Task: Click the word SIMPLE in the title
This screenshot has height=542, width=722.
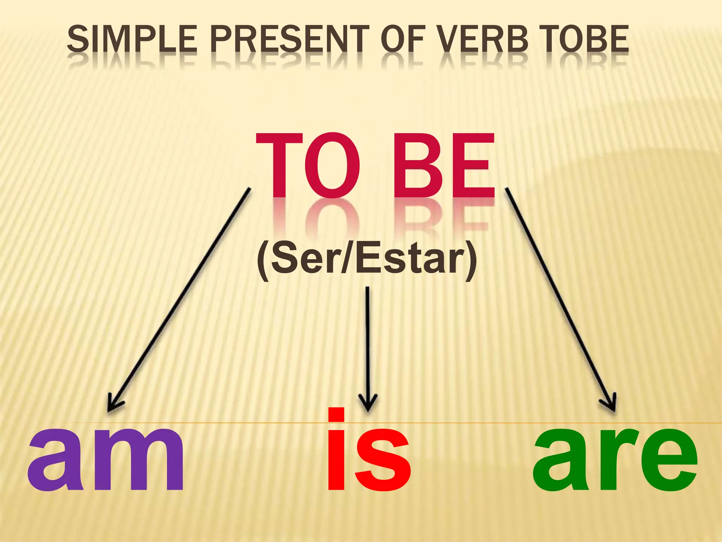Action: click(132, 39)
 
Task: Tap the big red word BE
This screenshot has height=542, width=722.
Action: click(444, 166)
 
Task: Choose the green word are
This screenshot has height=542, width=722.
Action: click(615, 459)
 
